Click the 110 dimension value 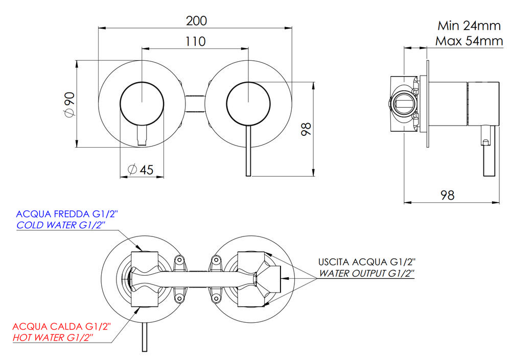pos(195,42)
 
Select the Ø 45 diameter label pos(140,170)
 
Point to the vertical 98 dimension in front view pos(306,128)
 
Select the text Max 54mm pos(469,41)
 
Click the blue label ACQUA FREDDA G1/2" pos(70,214)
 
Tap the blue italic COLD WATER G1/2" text pos(61,225)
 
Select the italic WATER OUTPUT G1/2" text pos(366,273)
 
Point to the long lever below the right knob pos(248,153)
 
